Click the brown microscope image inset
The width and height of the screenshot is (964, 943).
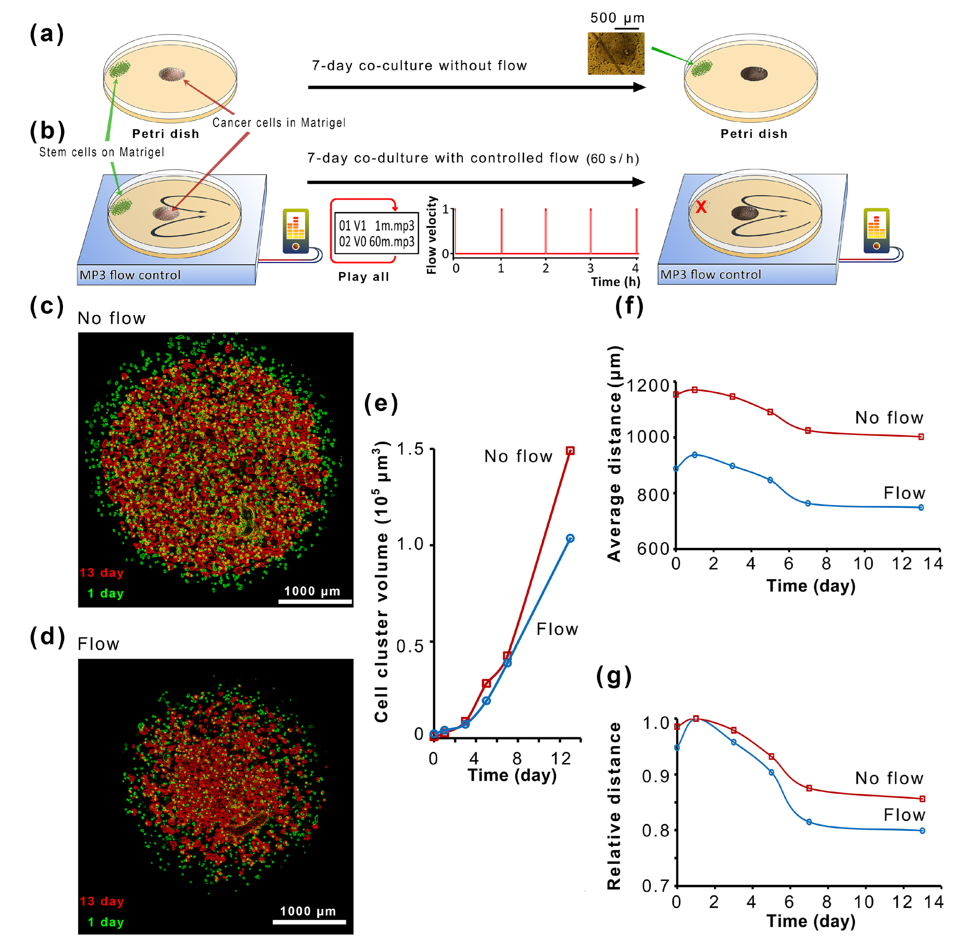coord(616,54)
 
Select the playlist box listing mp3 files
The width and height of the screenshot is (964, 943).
coord(377,233)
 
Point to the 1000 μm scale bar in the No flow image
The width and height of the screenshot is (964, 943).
coord(315,602)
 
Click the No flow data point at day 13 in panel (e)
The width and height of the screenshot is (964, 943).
coord(570,451)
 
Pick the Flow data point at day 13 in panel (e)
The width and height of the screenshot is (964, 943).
coord(570,538)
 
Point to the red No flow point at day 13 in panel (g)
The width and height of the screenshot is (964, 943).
coord(922,799)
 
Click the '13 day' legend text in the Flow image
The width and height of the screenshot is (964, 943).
coord(101,901)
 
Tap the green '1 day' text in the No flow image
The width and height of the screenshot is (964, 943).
coord(105,593)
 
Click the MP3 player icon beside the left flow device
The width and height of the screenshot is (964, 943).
coord(295,231)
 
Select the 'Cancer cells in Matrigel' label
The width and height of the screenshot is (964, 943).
coord(279,123)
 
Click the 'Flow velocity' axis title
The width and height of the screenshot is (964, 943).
coord(431,235)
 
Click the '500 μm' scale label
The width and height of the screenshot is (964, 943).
coord(617,18)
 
